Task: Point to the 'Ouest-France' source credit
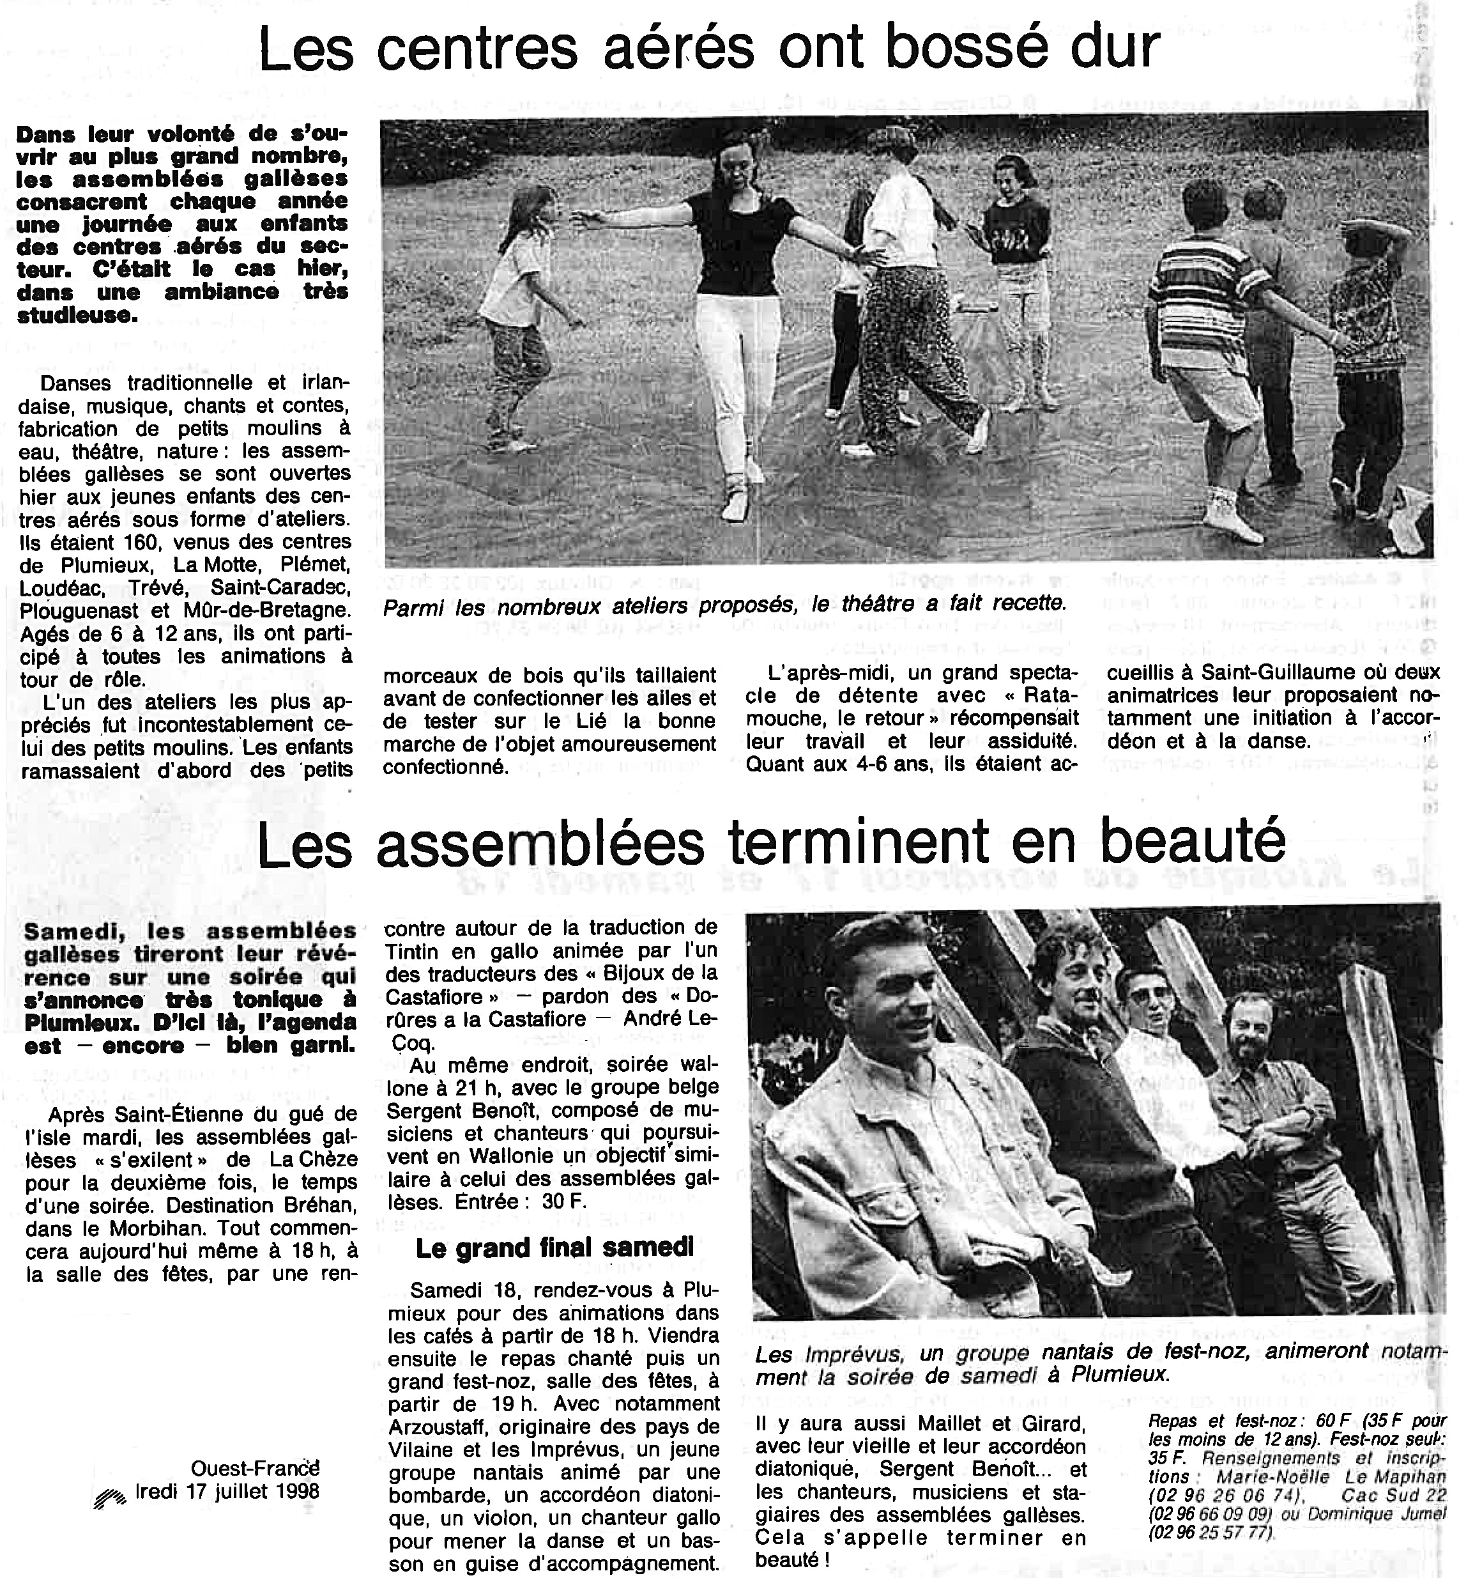254,1467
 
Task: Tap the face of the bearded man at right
1251,1032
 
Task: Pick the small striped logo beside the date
109,1497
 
